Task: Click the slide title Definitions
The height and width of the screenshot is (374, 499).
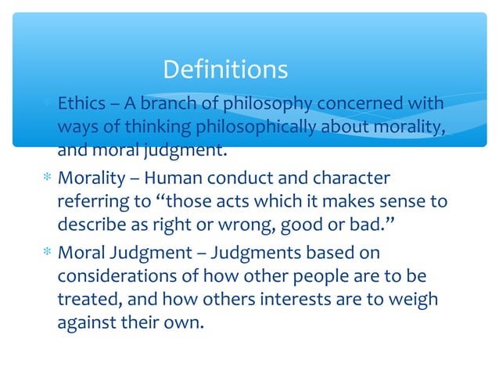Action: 225,70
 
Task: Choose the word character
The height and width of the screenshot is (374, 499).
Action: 350,180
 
